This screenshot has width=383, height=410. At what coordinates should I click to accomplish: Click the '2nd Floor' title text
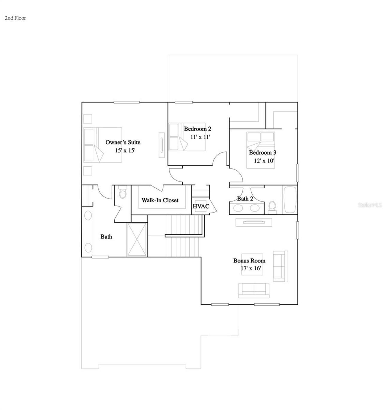pos(15,18)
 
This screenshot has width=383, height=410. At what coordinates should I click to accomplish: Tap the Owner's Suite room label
pos(123,142)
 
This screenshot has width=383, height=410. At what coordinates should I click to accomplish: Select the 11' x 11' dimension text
pos(200,137)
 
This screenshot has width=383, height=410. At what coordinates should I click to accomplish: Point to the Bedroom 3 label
pos(262,153)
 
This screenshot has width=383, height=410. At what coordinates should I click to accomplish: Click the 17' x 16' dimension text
pos(251,268)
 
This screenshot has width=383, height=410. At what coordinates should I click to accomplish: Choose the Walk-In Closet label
pos(160,200)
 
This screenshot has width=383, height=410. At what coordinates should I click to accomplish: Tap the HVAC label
pos(201,206)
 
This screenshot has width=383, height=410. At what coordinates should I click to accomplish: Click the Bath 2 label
pos(245,199)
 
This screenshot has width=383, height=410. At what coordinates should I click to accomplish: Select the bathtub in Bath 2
pos(290,200)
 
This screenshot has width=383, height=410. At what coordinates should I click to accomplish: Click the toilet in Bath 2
pos(272,206)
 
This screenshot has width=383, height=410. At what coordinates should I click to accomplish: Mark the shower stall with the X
pos(137,239)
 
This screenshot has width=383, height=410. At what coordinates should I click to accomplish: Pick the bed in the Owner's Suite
pos(103,145)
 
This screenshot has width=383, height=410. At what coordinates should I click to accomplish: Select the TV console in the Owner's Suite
pos(162,144)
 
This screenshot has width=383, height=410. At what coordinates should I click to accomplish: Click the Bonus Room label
pos(249,261)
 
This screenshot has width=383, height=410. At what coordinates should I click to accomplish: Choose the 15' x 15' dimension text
pos(125,150)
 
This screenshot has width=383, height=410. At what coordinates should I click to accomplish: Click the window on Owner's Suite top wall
pos(127,102)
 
